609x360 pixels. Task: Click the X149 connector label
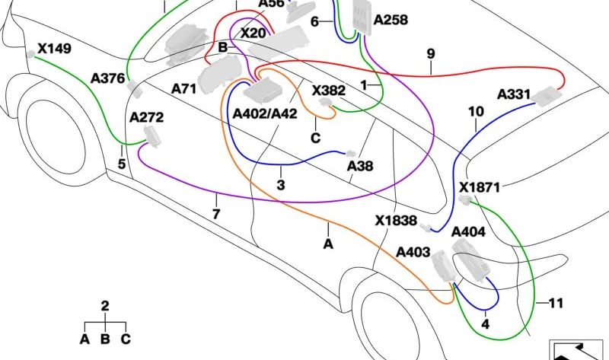(x=54, y=49)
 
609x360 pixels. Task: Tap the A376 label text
(x=107, y=78)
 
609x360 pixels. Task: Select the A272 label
(x=146, y=117)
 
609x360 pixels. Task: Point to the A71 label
(x=183, y=89)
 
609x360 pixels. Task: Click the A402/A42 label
(x=265, y=113)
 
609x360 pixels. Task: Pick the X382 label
(x=329, y=91)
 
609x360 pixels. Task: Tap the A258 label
(x=391, y=20)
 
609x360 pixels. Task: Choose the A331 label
(x=514, y=94)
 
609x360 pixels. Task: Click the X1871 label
(x=480, y=187)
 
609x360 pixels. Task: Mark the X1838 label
(x=396, y=221)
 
